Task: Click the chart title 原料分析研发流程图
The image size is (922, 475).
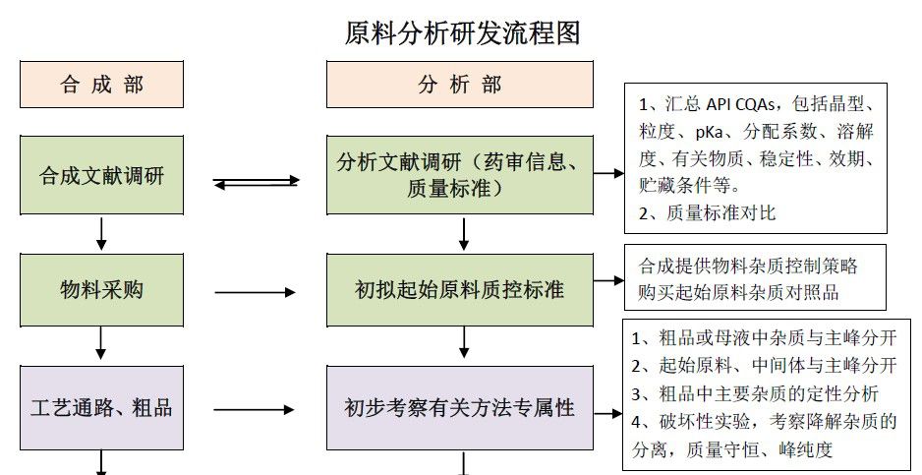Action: tap(462, 32)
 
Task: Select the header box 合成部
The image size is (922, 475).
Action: tap(102, 85)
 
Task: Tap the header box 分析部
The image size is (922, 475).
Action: tap(460, 85)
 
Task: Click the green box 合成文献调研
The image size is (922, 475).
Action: tap(102, 175)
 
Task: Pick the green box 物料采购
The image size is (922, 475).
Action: tap(102, 290)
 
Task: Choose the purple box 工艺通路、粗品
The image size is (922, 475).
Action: tap(102, 406)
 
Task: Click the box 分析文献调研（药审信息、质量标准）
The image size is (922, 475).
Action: tap(460, 175)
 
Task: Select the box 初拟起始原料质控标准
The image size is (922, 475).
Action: tap(460, 290)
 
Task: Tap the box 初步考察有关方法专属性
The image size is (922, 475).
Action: tap(460, 406)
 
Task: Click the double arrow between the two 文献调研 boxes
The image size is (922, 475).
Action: tap(256, 182)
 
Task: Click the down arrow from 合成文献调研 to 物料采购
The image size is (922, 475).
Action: tap(102, 232)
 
